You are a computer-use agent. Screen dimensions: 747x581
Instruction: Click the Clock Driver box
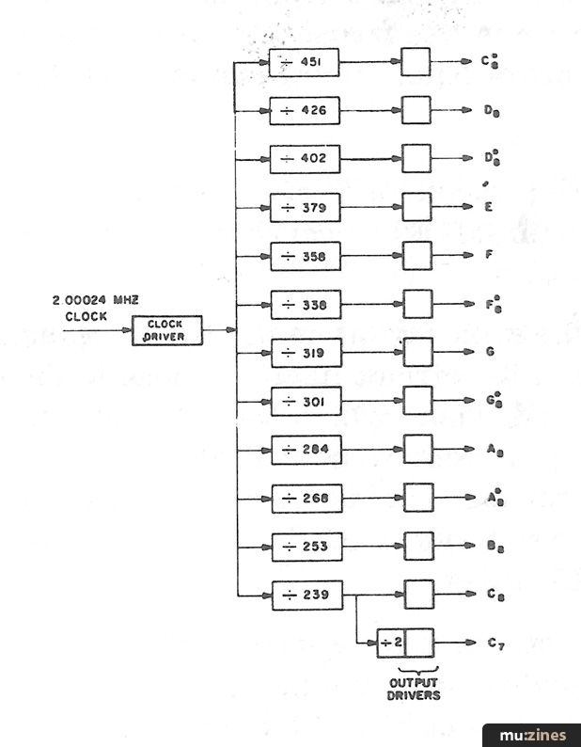167,330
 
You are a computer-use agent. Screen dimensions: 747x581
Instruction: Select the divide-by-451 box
305,62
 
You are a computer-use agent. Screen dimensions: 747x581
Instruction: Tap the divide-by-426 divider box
305,110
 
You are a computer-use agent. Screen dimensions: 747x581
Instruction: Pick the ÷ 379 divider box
305,207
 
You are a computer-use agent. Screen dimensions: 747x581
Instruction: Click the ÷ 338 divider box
305,304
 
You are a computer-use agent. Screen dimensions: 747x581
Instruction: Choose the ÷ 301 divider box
305,401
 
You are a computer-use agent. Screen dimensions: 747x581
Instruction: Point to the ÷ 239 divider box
306,595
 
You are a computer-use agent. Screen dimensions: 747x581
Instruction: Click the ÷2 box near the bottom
391,643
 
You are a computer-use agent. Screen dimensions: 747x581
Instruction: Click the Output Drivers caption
415,690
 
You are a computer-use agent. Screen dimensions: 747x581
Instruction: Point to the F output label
489,255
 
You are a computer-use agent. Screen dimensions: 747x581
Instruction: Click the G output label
489,352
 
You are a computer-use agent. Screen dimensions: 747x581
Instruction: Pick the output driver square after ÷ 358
416,255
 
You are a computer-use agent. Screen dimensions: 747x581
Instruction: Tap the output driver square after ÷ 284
417,449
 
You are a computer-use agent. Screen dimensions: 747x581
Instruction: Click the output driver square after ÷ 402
416,158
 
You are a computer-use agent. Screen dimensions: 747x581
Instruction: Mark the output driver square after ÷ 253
418,546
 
